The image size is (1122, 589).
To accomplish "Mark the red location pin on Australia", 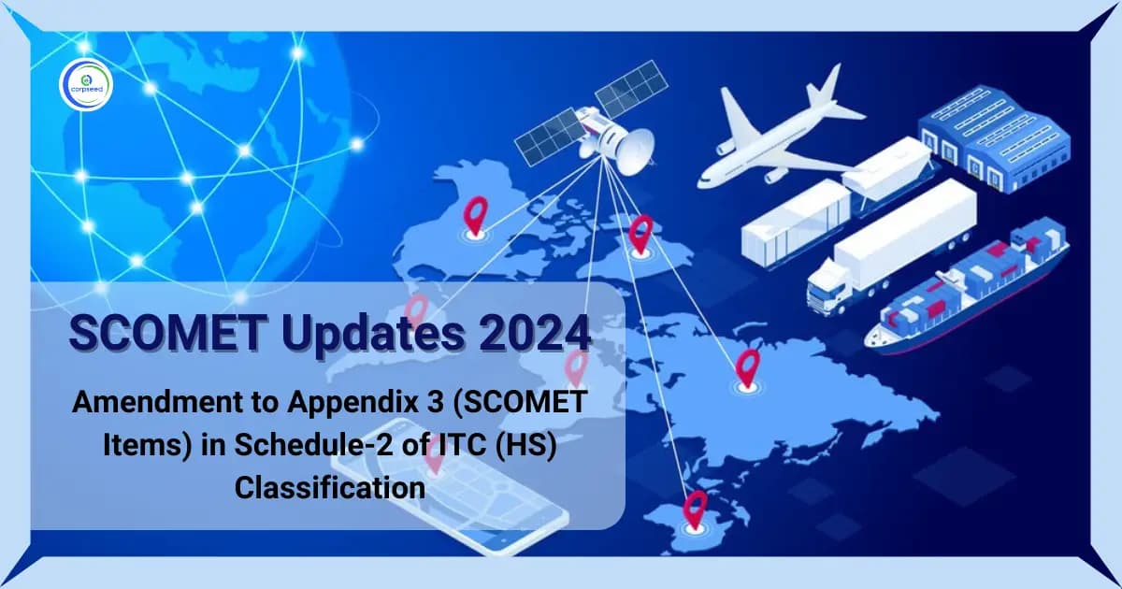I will tap(695, 509).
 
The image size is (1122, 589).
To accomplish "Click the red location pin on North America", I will tap(476, 218).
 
